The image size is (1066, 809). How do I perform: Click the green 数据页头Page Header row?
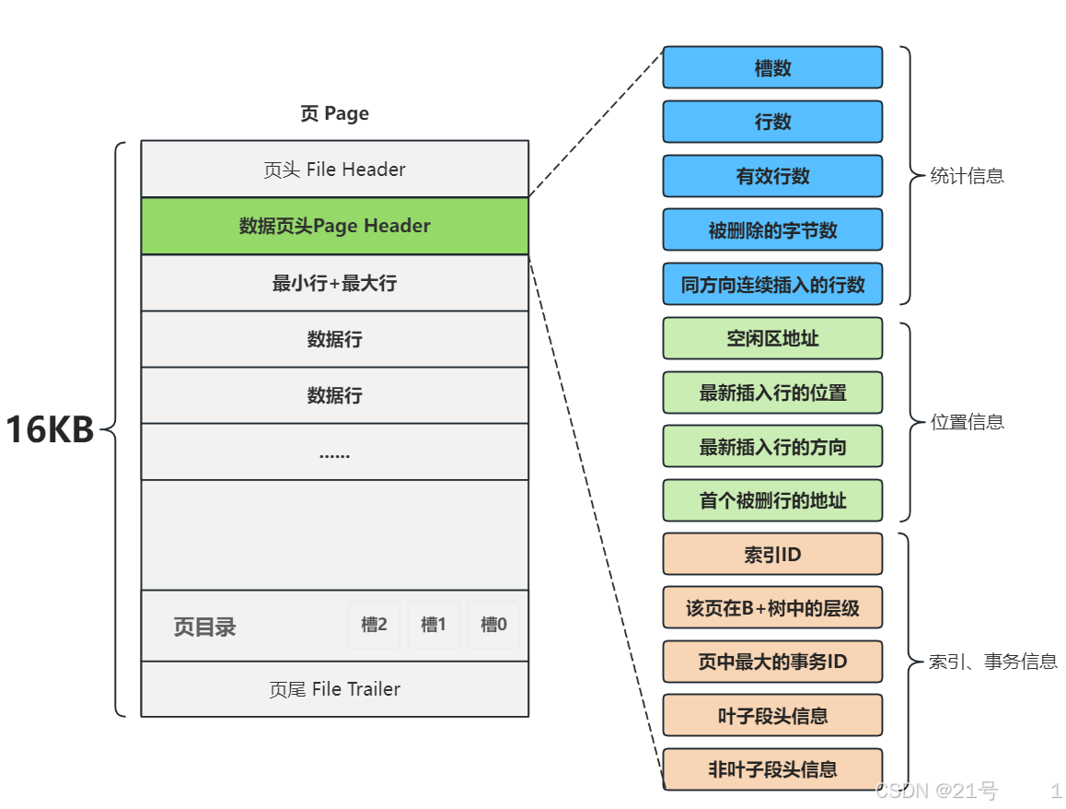(334, 226)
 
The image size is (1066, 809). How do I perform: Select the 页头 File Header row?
(334, 170)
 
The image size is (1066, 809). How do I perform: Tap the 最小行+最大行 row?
(334, 283)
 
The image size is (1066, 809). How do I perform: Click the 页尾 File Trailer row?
(334, 689)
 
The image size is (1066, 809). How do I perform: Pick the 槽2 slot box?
(374, 625)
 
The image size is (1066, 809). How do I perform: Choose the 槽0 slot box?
(493, 625)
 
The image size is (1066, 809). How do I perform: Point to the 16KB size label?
(51, 430)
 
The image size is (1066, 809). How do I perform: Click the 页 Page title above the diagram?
(334, 113)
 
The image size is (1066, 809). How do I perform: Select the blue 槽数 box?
(772, 67)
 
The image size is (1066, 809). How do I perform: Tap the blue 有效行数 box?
(772, 176)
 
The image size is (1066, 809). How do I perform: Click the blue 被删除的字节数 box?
(772, 230)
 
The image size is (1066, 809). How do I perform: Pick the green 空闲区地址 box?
(772, 338)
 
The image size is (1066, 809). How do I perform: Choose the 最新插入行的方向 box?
(772, 447)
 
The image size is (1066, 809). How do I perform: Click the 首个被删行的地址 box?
(772, 500)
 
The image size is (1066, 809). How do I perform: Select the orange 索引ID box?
(772, 555)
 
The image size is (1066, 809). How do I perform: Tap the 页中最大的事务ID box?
(772, 662)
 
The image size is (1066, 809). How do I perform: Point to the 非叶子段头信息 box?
(772, 769)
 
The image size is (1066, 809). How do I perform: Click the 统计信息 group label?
(967, 176)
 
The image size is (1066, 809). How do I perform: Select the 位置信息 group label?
(967, 422)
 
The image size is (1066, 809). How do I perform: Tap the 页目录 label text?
(204, 627)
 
